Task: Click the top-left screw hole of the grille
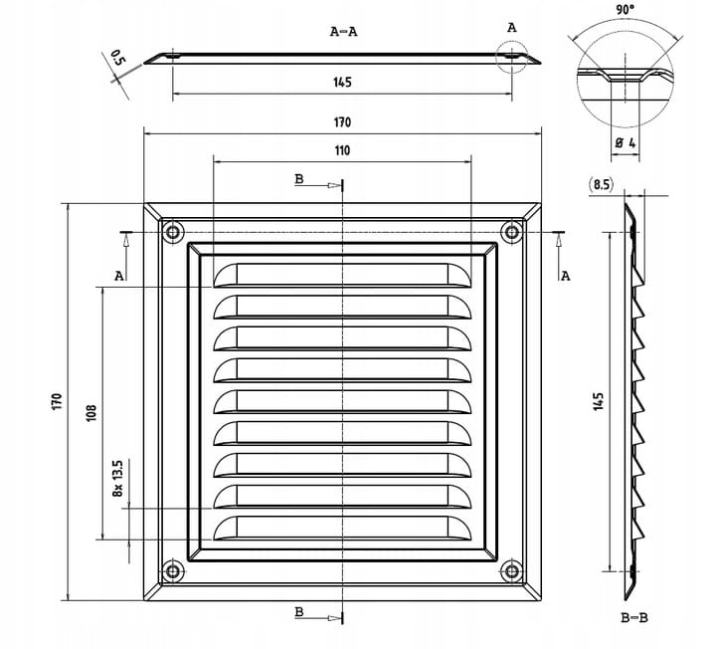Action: click(x=173, y=232)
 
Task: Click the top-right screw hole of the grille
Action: click(x=512, y=232)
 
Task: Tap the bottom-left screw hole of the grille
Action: click(x=173, y=571)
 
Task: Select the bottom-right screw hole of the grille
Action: click(x=512, y=571)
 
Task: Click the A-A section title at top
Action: click(x=343, y=31)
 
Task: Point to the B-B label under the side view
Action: click(x=633, y=618)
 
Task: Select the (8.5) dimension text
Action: click(x=600, y=184)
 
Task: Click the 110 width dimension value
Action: click(x=341, y=151)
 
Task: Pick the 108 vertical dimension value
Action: click(x=90, y=412)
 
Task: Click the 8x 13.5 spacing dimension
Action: click(x=117, y=478)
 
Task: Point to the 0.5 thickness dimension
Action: click(x=118, y=58)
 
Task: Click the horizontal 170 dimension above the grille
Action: click(x=341, y=122)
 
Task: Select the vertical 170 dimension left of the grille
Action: click(x=57, y=402)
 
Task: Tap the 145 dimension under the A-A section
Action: click(x=341, y=83)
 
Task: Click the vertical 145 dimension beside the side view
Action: click(x=598, y=402)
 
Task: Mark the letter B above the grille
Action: click(x=299, y=178)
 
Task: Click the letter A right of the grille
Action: click(x=566, y=276)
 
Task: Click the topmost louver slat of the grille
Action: click(x=342, y=274)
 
